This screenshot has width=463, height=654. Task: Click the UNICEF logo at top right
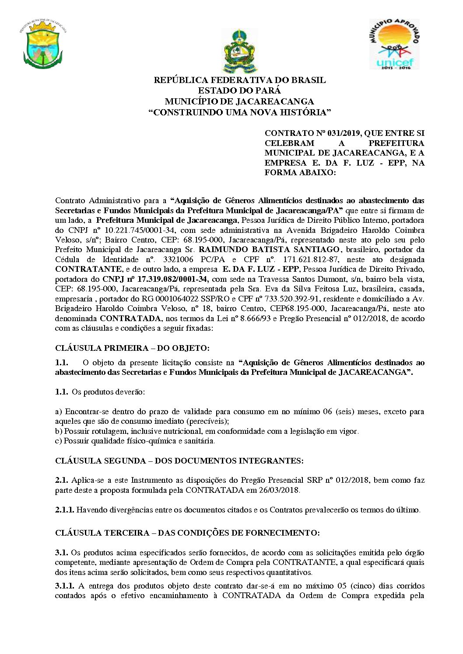pyautogui.click(x=394, y=44)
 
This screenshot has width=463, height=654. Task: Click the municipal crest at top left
pyautogui.click(x=43, y=45)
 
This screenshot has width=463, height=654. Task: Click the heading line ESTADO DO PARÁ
pyautogui.click(x=239, y=91)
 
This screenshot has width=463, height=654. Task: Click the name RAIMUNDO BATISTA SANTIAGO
pyautogui.click(x=269, y=250)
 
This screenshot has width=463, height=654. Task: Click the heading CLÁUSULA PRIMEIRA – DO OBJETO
pyautogui.click(x=132, y=348)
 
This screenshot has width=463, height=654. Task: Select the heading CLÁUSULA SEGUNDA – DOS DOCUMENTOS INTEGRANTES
pyautogui.click(x=179, y=461)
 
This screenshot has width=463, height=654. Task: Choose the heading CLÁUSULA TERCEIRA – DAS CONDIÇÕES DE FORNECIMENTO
pyautogui.click(x=187, y=533)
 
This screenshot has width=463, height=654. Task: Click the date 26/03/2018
pyautogui.click(x=278, y=490)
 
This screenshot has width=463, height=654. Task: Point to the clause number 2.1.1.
pyautogui.click(x=64, y=510)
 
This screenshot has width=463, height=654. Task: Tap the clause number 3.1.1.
pyautogui.click(x=64, y=586)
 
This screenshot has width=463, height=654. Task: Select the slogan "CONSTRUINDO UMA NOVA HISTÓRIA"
pyautogui.click(x=239, y=112)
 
